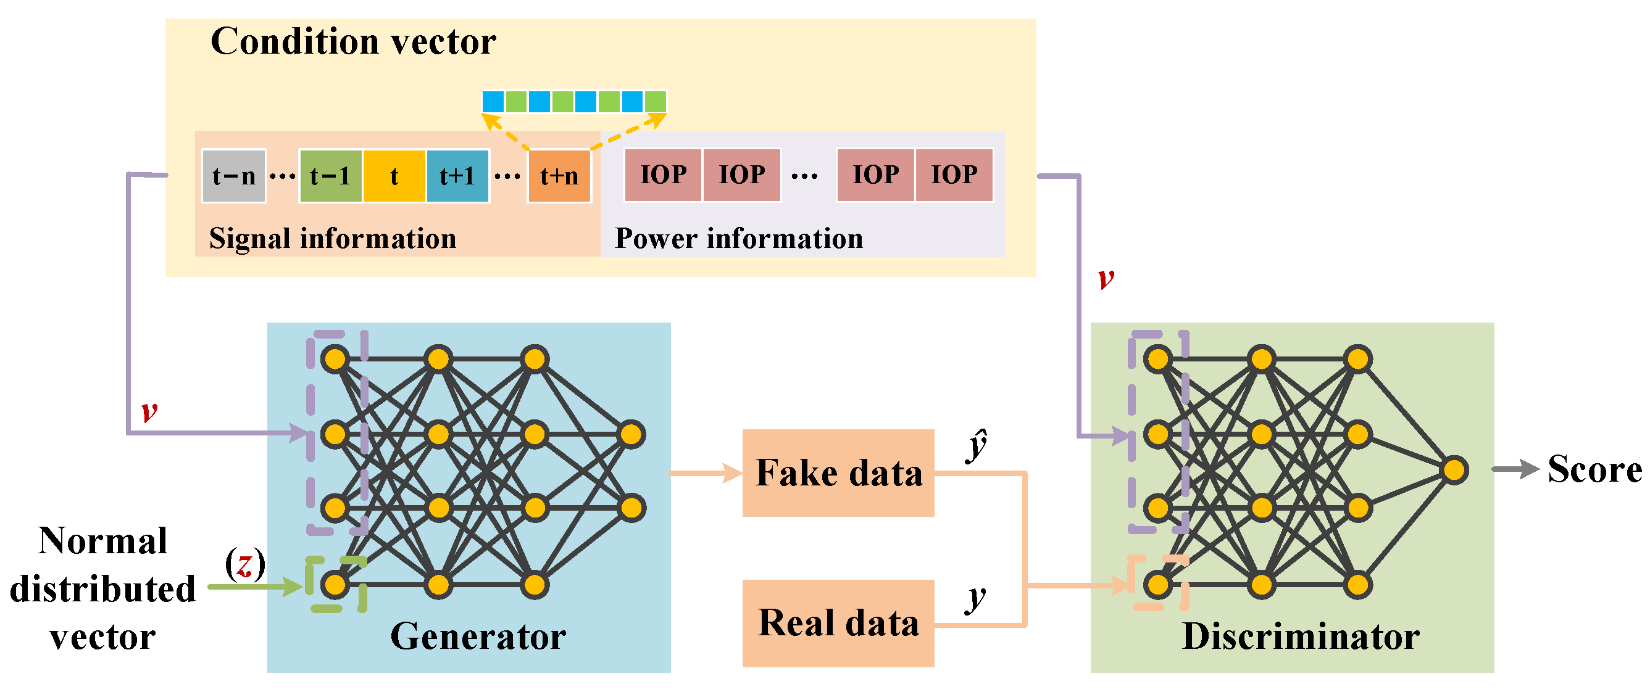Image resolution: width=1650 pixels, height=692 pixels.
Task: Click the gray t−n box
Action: pyautogui.click(x=234, y=175)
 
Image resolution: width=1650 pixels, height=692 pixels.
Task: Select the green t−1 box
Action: pyautogui.click(x=330, y=175)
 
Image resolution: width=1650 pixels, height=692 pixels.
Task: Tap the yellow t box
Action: pyautogui.click(x=394, y=175)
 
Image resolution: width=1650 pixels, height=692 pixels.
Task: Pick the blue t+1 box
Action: pyautogui.click(x=457, y=175)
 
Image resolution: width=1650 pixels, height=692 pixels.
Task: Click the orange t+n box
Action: pyautogui.click(x=559, y=175)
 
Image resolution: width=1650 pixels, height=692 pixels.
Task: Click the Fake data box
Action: pyautogui.click(x=838, y=473)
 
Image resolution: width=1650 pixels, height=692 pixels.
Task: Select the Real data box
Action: pyautogui.click(x=838, y=624)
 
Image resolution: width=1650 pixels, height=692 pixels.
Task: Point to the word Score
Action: pyautogui.click(x=1594, y=469)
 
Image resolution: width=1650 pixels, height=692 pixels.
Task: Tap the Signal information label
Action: pyautogui.click(x=333, y=238)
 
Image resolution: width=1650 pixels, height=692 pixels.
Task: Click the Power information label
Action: pyautogui.click(x=738, y=238)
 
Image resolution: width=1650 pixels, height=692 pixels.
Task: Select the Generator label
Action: pyautogui.click(x=478, y=636)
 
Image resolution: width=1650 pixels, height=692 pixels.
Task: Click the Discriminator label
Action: pyautogui.click(x=1300, y=636)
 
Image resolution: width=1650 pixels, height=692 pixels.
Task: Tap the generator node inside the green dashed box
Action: pyautogui.click(x=335, y=585)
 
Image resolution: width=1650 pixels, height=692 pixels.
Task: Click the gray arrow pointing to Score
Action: pyautogui.click(x=1515, y=469)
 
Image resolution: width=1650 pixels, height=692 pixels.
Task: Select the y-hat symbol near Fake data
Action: pyautogui.click(x=976, y=445)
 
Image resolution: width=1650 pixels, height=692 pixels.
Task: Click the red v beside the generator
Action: pyautogui.click(x=149, y=411)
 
